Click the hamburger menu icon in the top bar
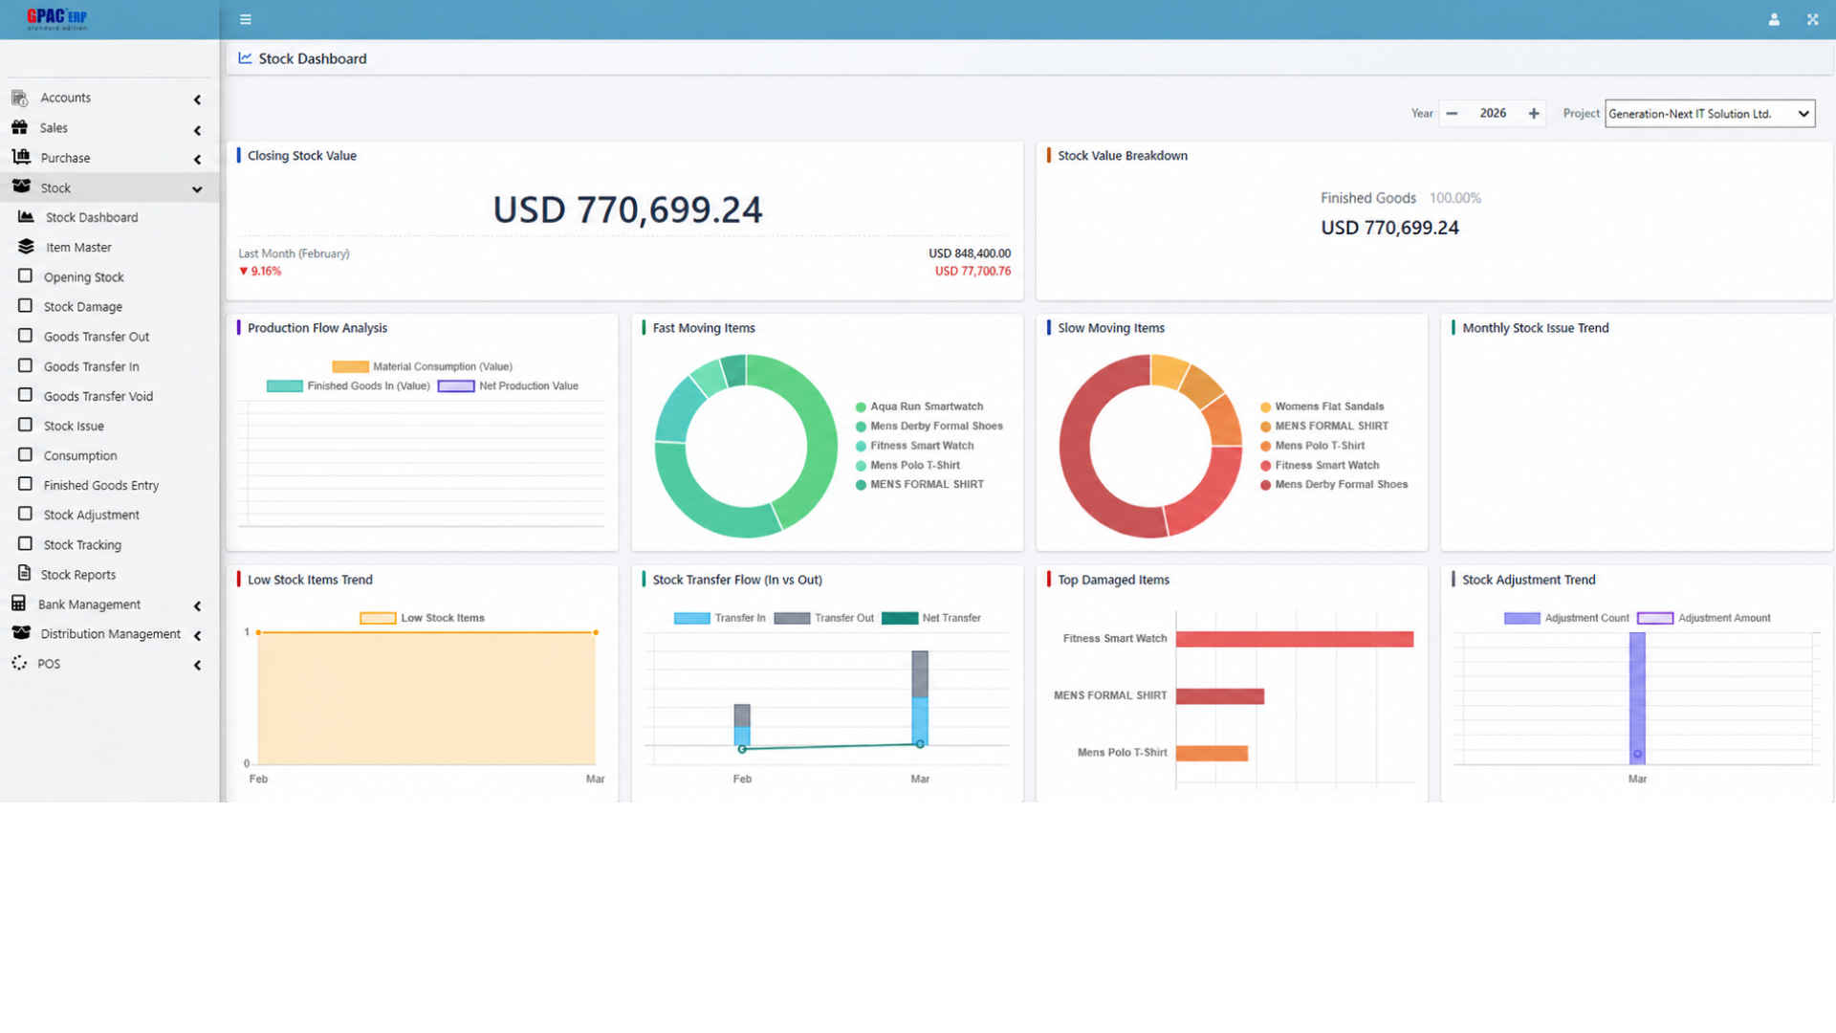246,19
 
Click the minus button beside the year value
1452,114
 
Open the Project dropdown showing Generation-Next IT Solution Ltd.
1709,114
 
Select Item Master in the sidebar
78,248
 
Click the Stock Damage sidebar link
82,307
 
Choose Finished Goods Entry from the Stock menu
100,486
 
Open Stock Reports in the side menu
77,575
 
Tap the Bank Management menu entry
89,604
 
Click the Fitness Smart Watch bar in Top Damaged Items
1295,639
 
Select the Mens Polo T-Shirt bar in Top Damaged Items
1212,754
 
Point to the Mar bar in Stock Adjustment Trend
1637,698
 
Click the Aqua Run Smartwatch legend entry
919,407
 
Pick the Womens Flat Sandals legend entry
1322,407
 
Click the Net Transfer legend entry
931,618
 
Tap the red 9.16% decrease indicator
260,272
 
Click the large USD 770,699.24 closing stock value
627,209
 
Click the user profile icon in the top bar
1774,19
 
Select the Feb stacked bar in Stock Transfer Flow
742,725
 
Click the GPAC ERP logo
57,18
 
